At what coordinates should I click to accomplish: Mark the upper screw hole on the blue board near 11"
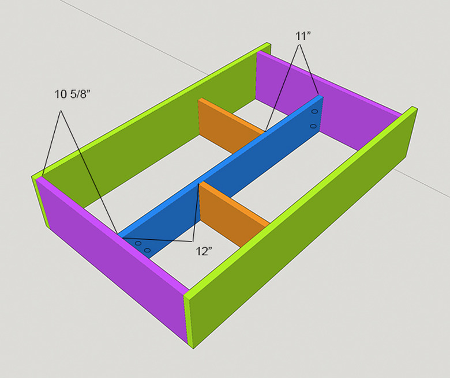point(314,112)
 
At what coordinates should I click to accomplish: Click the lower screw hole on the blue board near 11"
point(313,126)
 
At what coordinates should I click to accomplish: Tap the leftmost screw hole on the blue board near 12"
point(138,244)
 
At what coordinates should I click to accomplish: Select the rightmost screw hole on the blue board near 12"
point(148,250)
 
